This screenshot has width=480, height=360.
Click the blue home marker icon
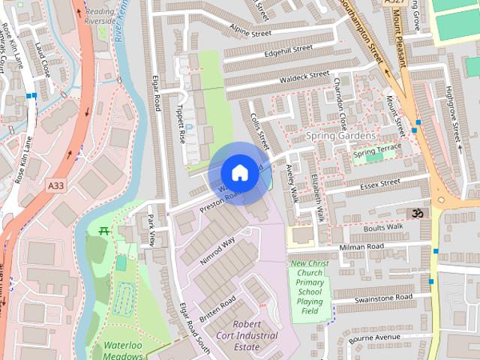pyautogui.click(x=239, y=172)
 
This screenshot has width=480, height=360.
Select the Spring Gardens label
pyautogui.click(x=341, y=136)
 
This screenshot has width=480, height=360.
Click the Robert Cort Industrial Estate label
pyautogui.click(x=247, y=335)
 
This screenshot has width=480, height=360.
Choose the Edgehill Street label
pyautogui.click(x=288, y=50)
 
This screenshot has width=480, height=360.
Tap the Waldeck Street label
pyautogui.click(x=304, y=76)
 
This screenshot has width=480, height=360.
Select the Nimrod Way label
pyautogui.click(x=217, y=250)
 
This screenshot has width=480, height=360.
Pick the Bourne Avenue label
pyautogui.click(x=385, y=337)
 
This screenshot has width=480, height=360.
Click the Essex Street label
pyautogui.click(x=380, y=183)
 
